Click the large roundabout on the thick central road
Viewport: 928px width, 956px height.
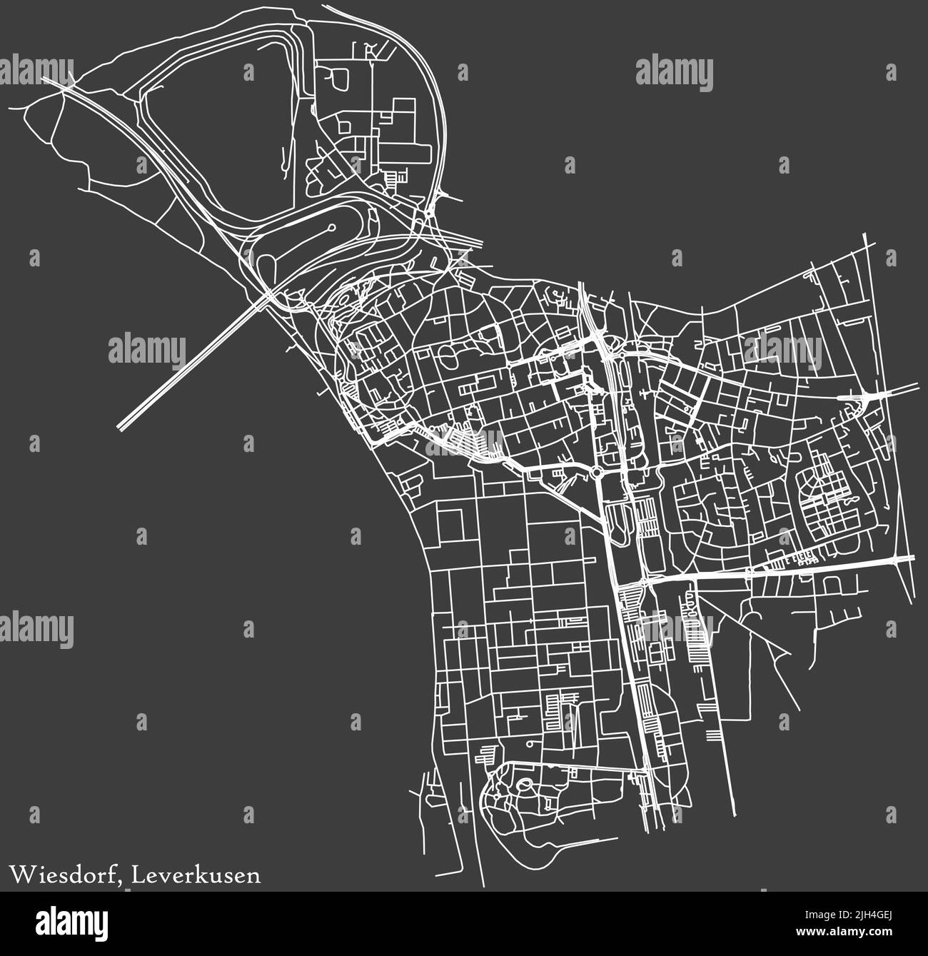(597, 472)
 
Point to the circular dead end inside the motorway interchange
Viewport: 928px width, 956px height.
(332, 228)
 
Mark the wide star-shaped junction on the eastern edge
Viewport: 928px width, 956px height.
(866, 396)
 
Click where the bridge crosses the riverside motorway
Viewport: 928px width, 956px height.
(268, 294)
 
